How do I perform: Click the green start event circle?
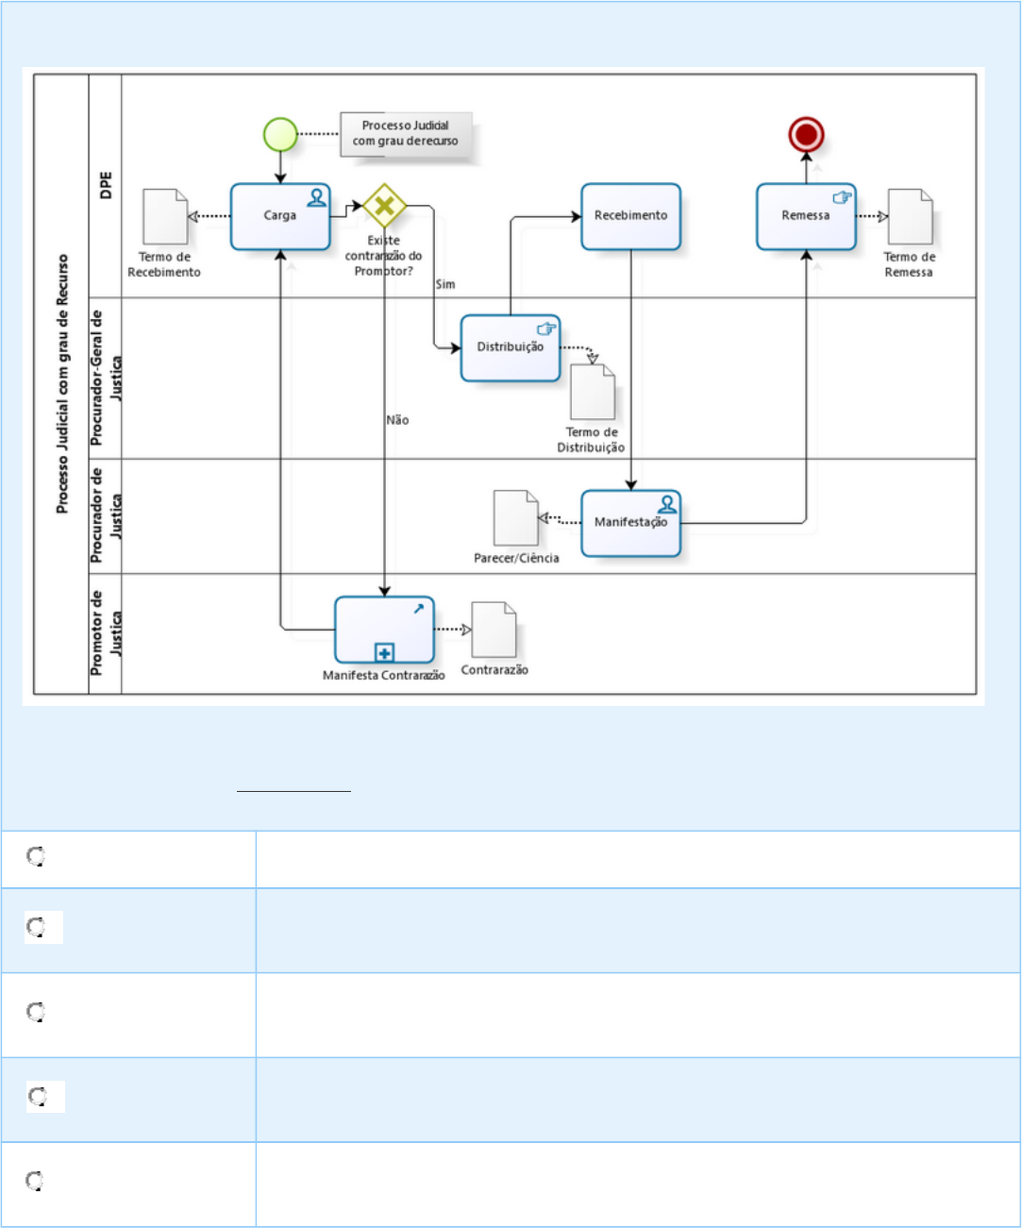pos(280,135)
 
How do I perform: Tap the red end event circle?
pos(806,135)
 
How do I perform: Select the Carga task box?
pos(280,216)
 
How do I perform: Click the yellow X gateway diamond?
pos(384,205)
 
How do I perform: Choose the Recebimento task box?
pos(630,216)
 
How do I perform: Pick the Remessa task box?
pos(806,216)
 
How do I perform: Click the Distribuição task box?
pos(511,347)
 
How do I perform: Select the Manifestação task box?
pos(630,522)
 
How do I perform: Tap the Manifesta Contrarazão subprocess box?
pos(384,629)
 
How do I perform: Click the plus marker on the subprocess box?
pos(384,652)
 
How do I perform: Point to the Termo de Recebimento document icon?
pos(165,217)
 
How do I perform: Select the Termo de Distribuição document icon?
pos(593,392)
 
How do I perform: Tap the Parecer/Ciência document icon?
pos(516,517)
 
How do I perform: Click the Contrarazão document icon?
pos(494,630)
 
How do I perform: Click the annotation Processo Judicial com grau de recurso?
pos(406,133)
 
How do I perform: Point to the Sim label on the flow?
pos(445,284)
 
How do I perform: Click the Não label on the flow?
pos(397,420)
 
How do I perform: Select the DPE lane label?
pos(106,185)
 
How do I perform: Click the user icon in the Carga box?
pos(317,197)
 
